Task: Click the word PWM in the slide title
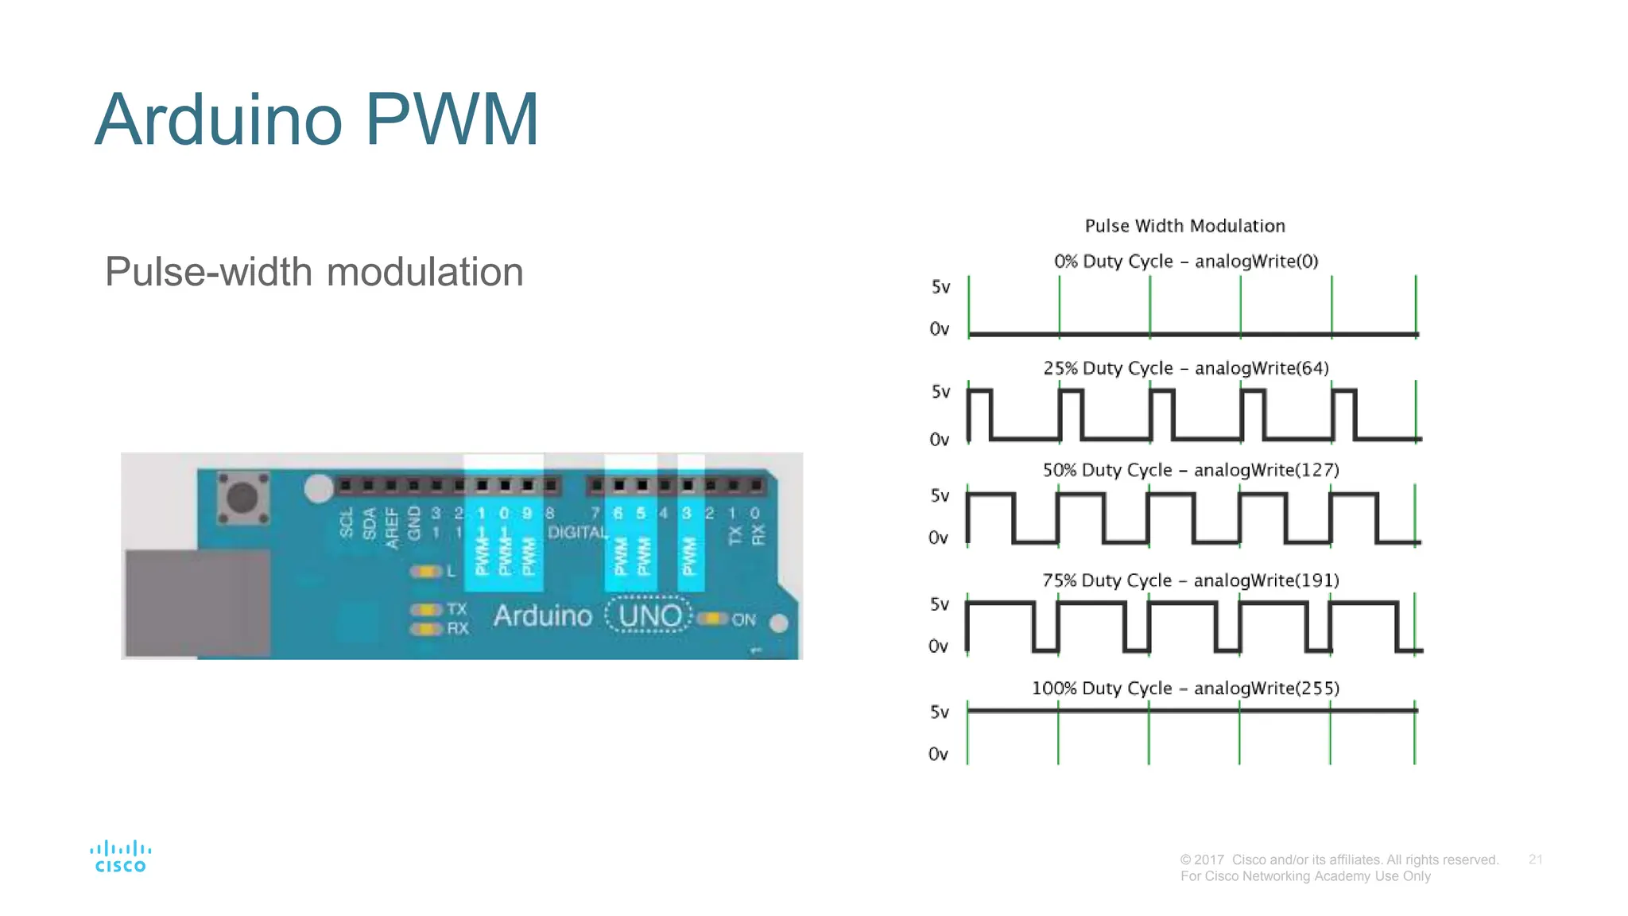click(452, 120)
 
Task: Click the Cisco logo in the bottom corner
click(120, 857)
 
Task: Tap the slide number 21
click(1535, 860)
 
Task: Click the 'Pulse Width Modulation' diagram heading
click(1184, 226)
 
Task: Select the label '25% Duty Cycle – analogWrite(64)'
click(1185, 368)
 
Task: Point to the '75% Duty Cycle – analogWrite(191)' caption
click(1190, 580)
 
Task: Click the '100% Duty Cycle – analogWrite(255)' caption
click(1185, 689)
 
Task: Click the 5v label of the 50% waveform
click(940, 496)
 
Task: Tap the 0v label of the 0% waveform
click(939, 329)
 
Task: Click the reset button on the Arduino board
click(242, 499)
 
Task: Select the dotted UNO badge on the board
click(649, 615)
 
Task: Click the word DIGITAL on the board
click(577, 533)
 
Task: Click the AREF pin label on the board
click(391, 527)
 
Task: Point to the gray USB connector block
click(197, 603)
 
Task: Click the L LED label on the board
click(451, 571)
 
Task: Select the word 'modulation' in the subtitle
click(424, 273)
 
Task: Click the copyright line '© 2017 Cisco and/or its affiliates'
click(1339, 860)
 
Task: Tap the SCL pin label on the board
click(346, 523)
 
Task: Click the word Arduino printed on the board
click(542, 616)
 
